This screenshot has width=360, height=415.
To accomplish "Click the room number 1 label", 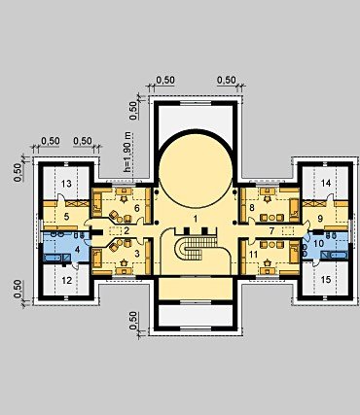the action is [x=195, y=219].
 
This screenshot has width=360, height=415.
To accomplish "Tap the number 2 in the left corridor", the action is [x=126, y=230].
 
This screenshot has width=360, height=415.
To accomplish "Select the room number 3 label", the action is [x=137, y=254].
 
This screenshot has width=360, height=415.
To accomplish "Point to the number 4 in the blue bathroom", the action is [x=77, y=250].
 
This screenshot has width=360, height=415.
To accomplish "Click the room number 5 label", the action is [x=66, y=217].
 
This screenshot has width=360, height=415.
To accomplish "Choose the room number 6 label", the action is [x=137, y=208].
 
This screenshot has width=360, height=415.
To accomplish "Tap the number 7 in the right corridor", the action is [x=272, y=230].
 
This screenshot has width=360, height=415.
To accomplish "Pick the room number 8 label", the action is [x=252, y=208].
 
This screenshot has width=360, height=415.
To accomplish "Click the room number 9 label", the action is [x=320, y=219].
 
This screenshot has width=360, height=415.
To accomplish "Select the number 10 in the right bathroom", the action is [x=319, y=243].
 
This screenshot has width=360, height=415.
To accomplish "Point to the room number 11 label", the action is [x=253, y=255].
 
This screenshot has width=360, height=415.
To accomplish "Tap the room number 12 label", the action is [x=66, y=280].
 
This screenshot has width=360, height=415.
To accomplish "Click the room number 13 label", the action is [x=66, y=184].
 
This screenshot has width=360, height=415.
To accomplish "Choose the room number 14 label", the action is [x=326, y=183].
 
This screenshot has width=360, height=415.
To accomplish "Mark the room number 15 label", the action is [x=326, y=279].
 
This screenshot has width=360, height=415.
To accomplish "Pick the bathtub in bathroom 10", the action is [x=334, y=255].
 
